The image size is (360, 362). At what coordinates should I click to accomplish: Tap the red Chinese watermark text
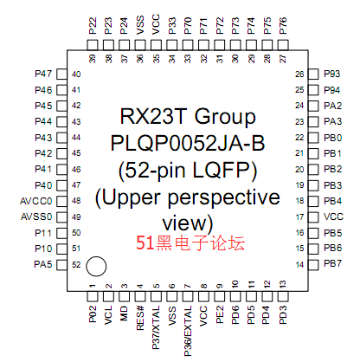point(190,242)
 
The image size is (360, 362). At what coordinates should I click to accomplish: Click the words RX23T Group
point(188,117)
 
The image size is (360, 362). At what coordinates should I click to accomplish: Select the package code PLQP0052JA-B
point(188,143)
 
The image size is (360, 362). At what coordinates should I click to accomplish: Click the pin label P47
point(43,74)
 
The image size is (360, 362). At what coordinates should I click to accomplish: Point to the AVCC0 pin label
point(36,201)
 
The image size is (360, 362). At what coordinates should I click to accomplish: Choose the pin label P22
point(93,26)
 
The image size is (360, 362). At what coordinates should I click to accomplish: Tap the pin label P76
point(283,26)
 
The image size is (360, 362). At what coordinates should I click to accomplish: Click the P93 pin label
point(332,74)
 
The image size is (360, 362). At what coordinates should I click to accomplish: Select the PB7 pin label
point(333,263)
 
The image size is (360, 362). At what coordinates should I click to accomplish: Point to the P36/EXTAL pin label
point(188,331)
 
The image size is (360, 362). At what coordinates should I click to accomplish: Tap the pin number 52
point(76,265)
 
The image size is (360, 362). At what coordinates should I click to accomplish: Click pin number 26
point(299,74)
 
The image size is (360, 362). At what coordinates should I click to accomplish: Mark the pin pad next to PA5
point(61,265)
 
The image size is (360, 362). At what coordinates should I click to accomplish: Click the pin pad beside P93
point(313,74)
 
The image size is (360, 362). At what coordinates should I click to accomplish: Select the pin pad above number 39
point(93,45)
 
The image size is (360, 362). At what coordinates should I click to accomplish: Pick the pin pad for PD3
point(283,296)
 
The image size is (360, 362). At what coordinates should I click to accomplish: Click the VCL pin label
point(108,315)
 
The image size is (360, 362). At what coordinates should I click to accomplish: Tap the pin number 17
point(299,217)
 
